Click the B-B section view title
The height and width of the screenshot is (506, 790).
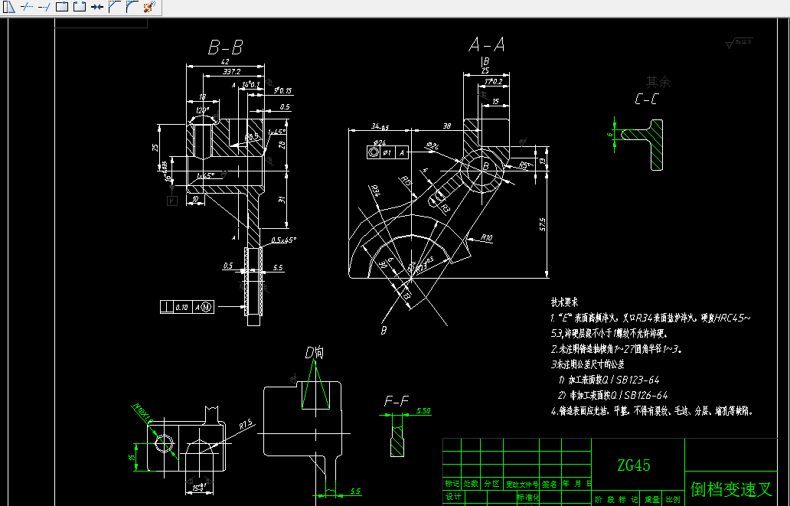click(226, 48)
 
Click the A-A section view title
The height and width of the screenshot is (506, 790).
click(487, 45)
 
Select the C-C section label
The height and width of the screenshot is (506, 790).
click(646, 99)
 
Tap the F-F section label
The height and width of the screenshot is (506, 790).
click(397, 401)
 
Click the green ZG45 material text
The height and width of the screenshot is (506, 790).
click(634, 465)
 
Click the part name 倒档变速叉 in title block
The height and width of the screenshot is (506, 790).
click(731, 489)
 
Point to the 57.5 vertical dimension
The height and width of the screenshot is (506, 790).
click(543, 224)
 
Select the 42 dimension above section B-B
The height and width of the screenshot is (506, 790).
click(224, 62)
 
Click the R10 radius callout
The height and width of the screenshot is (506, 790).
click(486, 238)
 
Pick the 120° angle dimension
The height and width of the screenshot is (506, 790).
click(202, 110)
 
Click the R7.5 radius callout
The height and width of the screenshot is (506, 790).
click(245, 424)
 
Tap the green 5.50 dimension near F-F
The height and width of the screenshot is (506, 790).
click(423, 411)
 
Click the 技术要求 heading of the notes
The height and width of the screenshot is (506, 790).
click(565, 303)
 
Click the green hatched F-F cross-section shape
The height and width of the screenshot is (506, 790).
click(397, 441)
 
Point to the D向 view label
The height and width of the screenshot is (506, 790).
click(315, 353)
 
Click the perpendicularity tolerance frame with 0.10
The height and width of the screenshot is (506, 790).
click(187, 306)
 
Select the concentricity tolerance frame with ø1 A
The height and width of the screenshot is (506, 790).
click(388, 152)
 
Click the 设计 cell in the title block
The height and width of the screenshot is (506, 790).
click(452, 498)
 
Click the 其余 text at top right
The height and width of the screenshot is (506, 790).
click(658, 81)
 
